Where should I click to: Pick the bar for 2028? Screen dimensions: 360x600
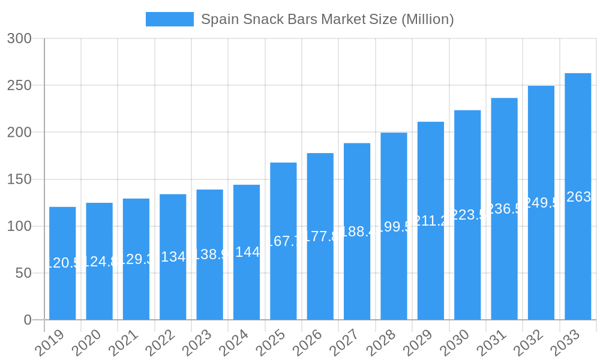394,270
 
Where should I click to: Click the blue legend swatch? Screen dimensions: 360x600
169,19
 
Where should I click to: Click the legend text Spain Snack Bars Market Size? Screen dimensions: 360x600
327,19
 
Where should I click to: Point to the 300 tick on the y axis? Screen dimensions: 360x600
20,38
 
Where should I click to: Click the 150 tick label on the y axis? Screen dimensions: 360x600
20,179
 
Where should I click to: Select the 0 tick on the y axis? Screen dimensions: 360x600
28,320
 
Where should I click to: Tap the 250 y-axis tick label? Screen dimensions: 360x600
20,85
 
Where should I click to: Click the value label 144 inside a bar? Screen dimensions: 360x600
247,252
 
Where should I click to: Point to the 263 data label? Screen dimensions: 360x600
578,197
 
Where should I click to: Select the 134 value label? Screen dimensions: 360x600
173,257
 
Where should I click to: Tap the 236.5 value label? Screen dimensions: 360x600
505,209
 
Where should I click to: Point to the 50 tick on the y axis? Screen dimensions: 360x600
23,273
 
